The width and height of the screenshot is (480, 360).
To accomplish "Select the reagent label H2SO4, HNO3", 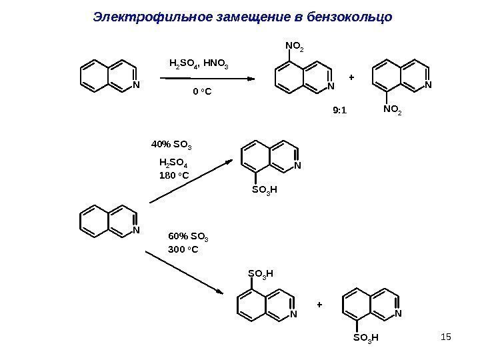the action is point(199,65).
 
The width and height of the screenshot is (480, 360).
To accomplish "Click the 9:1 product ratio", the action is point(340,111).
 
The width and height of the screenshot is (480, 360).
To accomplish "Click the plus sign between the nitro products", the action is point(352,78).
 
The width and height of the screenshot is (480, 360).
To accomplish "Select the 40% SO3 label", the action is point(172,144).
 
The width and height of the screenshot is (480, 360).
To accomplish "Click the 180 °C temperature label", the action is point(175,176).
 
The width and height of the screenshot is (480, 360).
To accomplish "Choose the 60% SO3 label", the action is point(190,237).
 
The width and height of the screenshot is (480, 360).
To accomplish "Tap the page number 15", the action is point(446,333).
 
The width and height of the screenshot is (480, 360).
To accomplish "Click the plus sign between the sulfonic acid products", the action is point(319,305).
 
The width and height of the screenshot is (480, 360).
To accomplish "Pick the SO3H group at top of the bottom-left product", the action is point(261,273).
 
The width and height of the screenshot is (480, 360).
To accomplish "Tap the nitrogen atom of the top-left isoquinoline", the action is point(136,85).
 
